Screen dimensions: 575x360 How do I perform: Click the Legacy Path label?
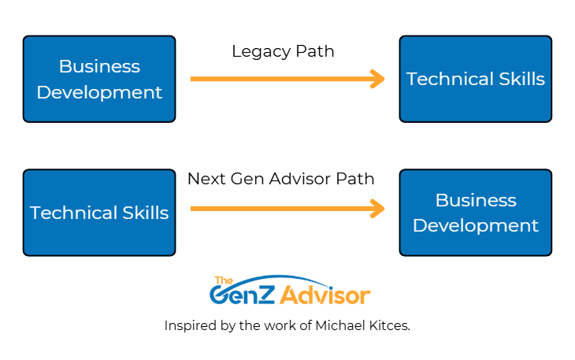click(x=283, y=51)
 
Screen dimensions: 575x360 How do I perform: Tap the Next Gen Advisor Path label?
click(x=280, y=179)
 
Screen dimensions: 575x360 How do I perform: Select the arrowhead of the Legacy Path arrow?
click(x=378, y=79)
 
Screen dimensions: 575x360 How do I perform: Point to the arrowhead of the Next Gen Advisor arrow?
click(x=378, y=209)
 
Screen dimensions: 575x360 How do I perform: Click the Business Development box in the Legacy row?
click(x=99, y=79)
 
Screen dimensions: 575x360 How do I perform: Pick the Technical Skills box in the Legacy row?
click(x=475, y=79)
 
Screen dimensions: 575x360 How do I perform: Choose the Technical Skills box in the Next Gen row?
click(x=99, y=213)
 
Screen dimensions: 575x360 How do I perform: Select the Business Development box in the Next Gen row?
click(x=475, y=213)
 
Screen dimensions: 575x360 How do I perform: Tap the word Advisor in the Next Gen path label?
click(x=308, y=179)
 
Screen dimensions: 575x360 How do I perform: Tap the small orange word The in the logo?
click(x=224, y=280)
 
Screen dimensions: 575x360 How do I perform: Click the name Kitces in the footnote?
click(x=391, y=325)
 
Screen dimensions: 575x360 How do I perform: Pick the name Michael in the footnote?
click(x=346, y=325)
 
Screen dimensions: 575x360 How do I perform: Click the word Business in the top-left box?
click(x=99, y=66)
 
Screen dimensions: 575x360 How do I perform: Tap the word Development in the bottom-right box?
click(x=475, y=226)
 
